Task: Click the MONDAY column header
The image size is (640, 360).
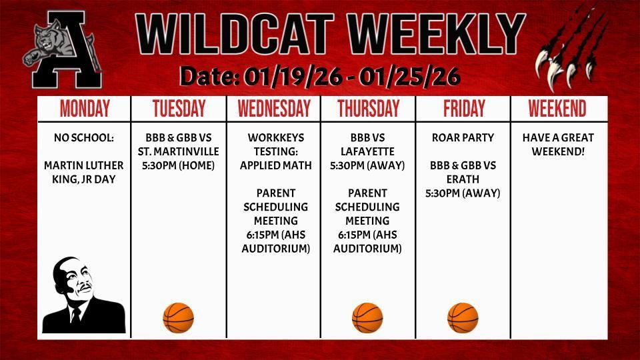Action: click(85, 109)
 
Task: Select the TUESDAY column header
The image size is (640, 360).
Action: click(179, 109)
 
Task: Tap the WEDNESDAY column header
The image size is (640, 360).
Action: click(274, 109)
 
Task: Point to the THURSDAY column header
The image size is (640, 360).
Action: click(368, 109)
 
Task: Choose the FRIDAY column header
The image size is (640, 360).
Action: click(463, 109)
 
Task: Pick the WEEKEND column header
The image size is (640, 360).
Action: click(557, 109)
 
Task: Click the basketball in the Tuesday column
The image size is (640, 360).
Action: click(178, 317)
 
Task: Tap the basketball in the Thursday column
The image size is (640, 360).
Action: click(367, 317)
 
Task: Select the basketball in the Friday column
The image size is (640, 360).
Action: click(463, 317)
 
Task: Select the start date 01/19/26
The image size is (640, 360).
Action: click(294, 77)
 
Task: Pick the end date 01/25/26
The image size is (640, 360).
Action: click(409, 77)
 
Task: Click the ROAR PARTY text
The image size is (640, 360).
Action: click(463, 138)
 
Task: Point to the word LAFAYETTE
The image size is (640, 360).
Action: click(367, 151)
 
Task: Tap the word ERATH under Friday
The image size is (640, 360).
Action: click(463, 179)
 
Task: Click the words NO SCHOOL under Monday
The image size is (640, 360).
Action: click(84, 138)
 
